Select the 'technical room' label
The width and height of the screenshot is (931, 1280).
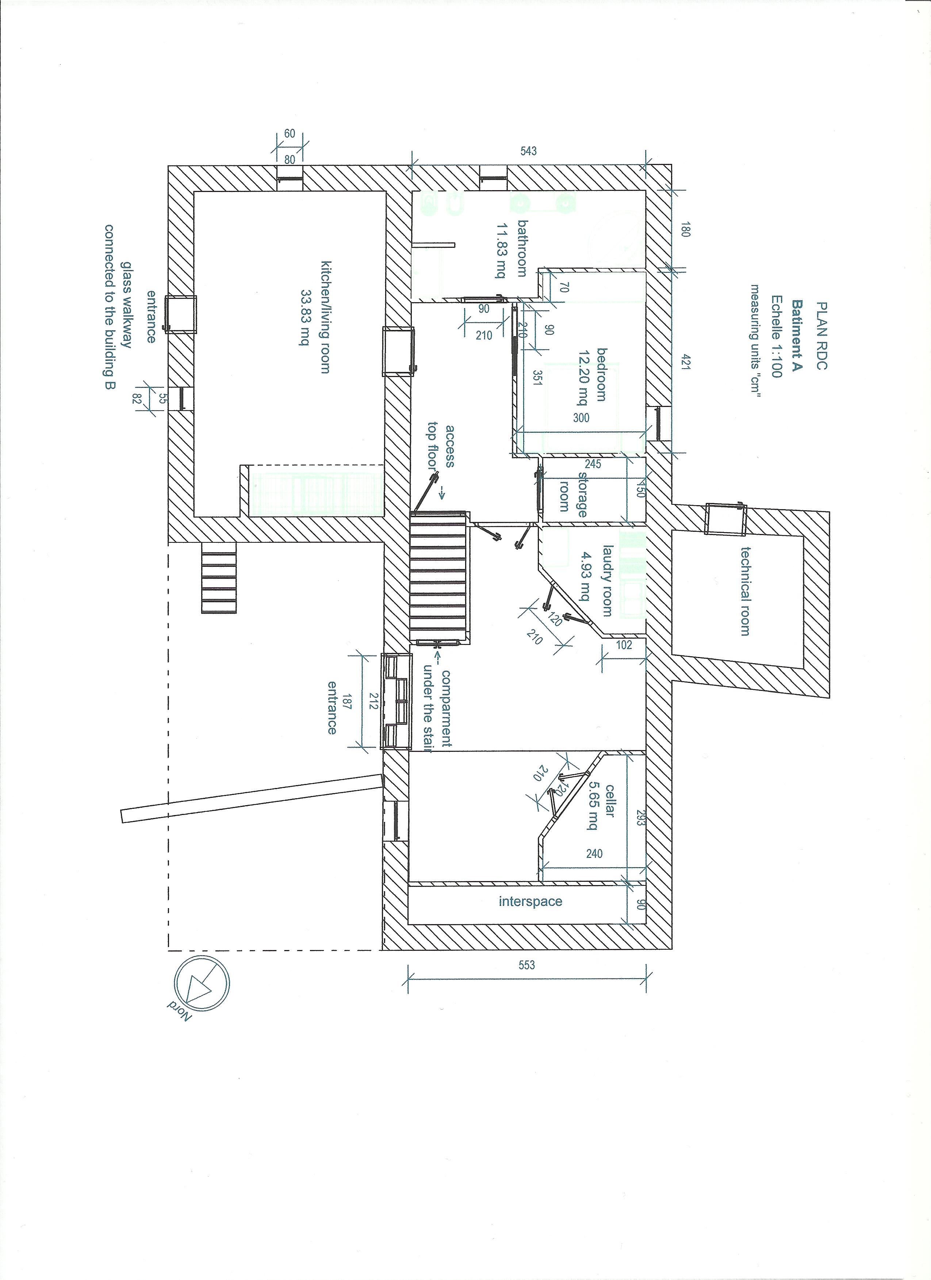tap(745, 592)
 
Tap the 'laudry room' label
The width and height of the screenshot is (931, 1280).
tap(607, 580)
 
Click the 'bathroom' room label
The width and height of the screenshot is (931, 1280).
tap(521, 248)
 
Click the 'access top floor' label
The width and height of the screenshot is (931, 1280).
tap(441, 446)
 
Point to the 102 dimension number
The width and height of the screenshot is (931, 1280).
tap(624, 645)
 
